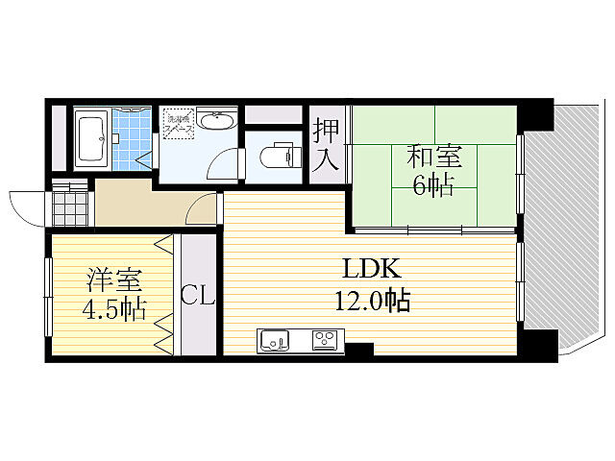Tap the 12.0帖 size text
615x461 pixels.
tap(372, 302)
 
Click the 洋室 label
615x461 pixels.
tap(114, 281)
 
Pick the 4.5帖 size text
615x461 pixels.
tap(112, 311)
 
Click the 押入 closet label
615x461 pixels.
tap(326, 143)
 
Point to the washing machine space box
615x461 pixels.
tap(179, 122)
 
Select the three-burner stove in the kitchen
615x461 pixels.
tap(324, 340)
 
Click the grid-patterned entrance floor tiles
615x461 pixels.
tap(68, 206)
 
